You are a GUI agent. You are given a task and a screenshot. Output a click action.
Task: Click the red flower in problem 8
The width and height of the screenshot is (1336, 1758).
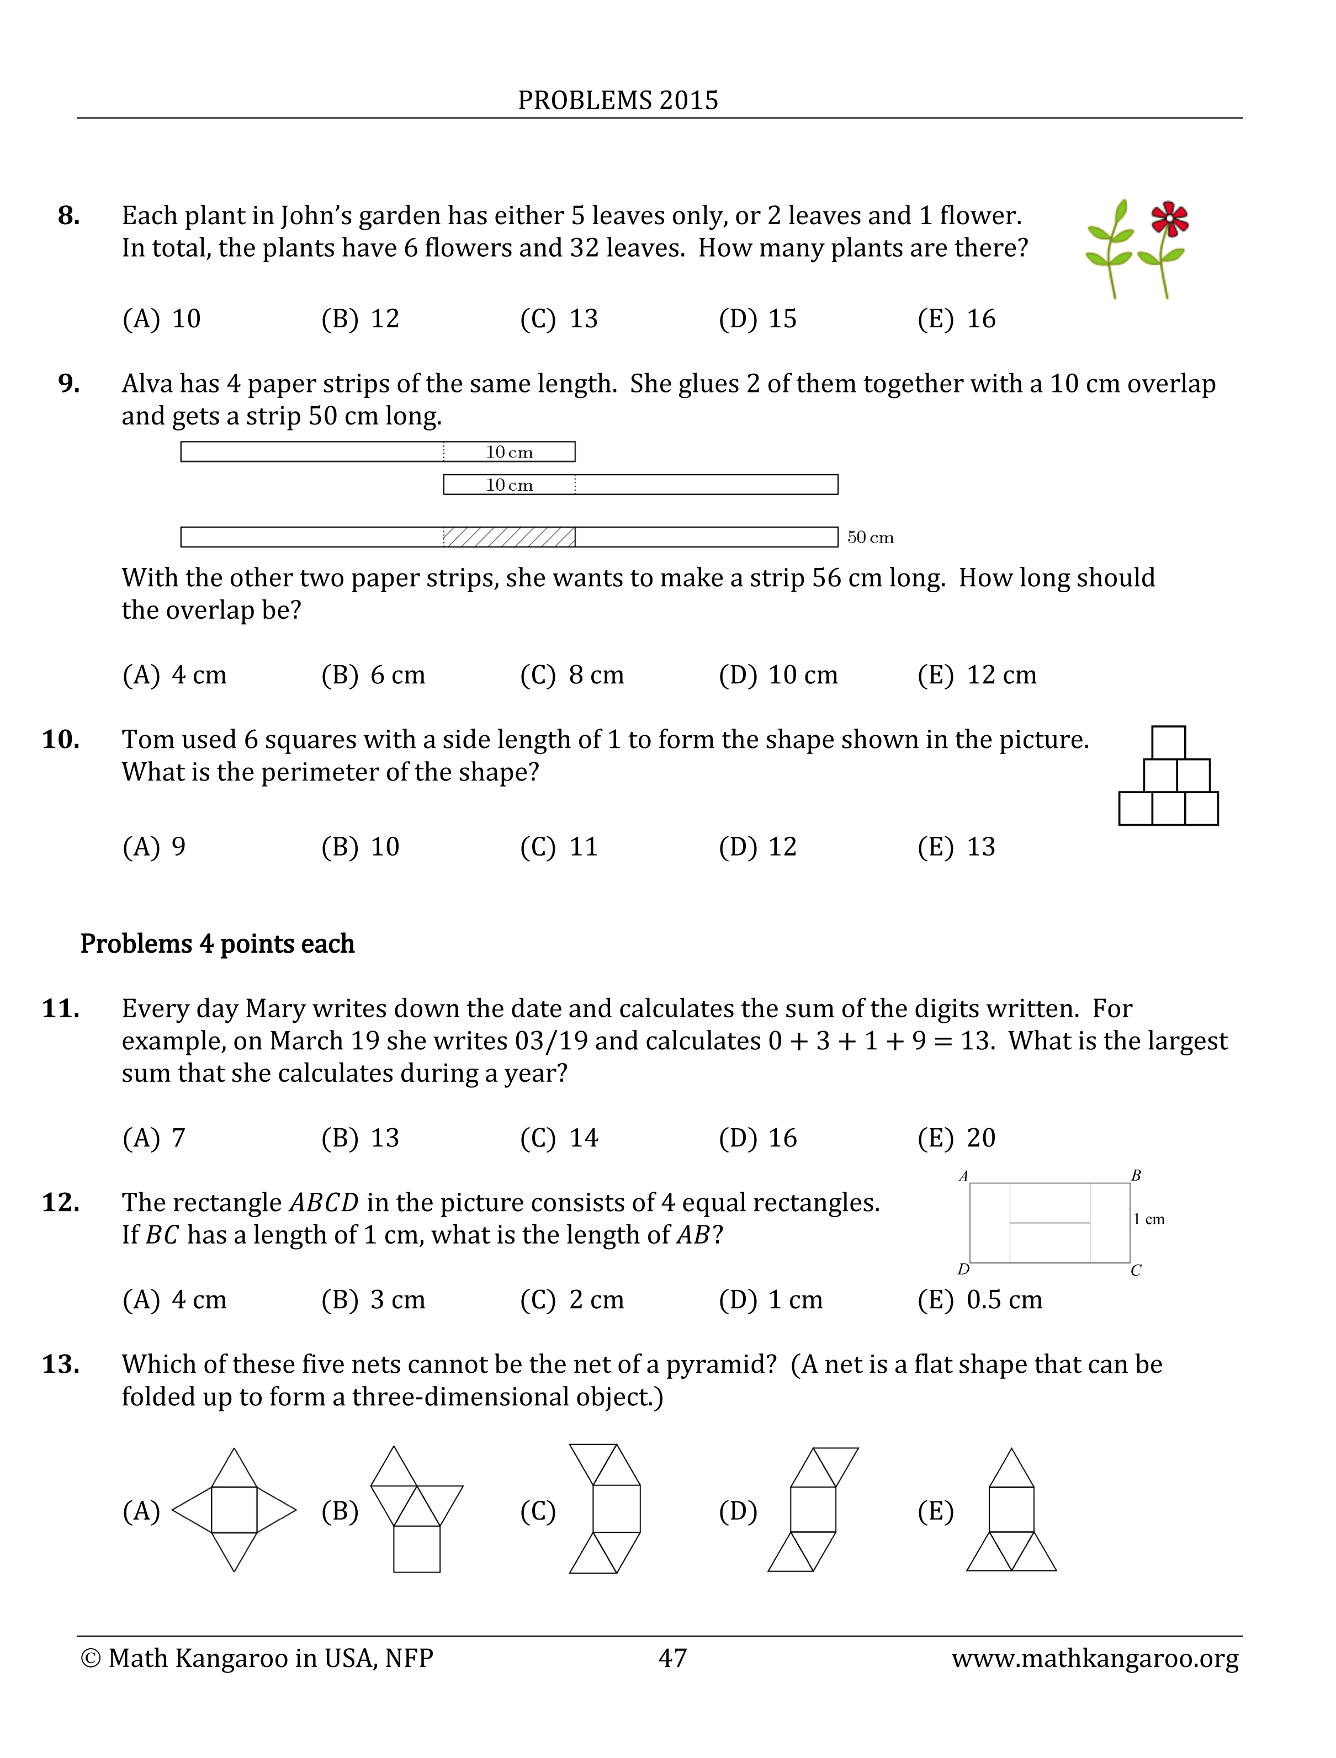(x=1169, y=219)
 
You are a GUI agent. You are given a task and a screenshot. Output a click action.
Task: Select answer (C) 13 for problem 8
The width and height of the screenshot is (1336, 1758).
(x=559, y=319)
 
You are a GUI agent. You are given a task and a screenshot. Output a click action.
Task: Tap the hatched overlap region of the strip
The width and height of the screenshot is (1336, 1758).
(x=509, y=538)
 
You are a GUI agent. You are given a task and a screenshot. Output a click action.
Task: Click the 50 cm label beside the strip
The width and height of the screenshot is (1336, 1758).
(x=870, y=538)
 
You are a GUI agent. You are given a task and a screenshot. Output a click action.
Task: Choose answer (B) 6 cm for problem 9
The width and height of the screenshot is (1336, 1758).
(x=373, y=675)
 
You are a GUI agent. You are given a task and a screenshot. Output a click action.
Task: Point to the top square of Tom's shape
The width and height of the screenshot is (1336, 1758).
(x=1168, y=742)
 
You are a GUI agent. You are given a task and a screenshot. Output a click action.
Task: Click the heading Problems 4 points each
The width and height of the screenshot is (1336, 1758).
(x=217, y=944)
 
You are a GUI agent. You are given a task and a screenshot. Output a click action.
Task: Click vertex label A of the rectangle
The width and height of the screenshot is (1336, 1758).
(x=963, y=1176)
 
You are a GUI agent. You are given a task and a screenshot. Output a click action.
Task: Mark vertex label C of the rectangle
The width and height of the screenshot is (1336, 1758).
(x=1136, y=1271)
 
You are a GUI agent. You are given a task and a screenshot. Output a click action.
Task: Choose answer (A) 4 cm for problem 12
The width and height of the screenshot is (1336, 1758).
(x=174, y=1300)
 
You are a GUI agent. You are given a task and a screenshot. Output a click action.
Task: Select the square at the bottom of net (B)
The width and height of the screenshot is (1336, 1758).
(x=417, y=1549)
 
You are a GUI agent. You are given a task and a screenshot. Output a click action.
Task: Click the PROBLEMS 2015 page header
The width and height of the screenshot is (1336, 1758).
(x=618, y=100)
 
